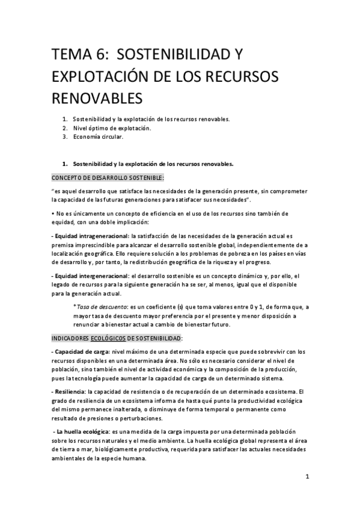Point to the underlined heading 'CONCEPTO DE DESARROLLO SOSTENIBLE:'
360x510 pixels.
pos(108,177)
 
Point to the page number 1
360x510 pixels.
pos(307,478)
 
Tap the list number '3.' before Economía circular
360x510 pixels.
pos(64,137)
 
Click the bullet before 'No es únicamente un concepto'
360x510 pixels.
pos(52,214)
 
